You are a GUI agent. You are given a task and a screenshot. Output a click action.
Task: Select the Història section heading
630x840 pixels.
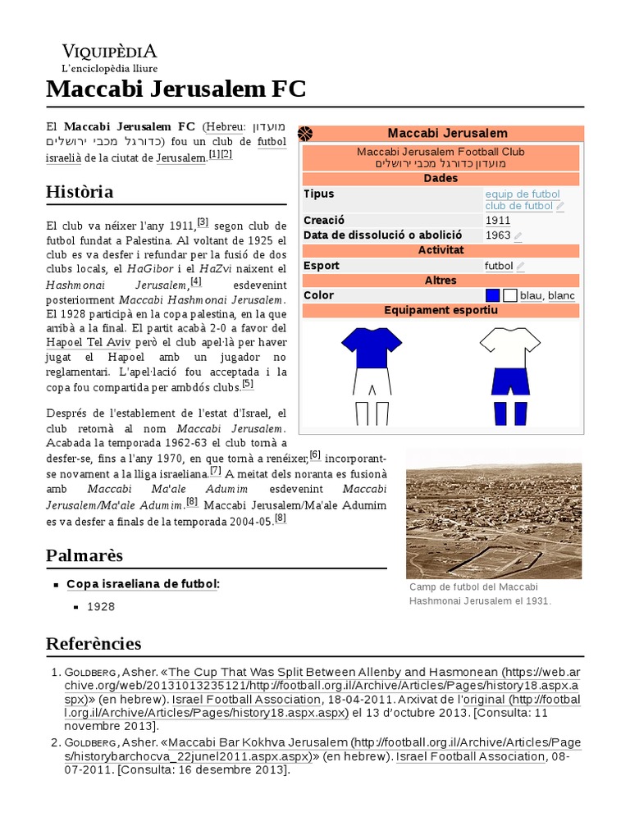[x=80, y=192]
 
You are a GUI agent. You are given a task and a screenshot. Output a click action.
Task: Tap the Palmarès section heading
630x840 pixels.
[x=84, y=555]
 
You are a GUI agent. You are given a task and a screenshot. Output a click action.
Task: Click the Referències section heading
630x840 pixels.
[x=94, y=643]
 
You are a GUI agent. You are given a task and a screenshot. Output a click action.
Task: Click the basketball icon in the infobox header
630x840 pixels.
[x=306, y=134]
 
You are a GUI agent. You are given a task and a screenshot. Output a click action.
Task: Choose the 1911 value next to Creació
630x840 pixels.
[x=497, y=221]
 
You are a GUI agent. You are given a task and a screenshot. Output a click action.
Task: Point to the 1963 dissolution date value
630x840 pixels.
[x=497, y=235]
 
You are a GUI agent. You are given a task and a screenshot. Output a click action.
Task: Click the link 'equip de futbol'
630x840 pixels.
[x=522, y=194]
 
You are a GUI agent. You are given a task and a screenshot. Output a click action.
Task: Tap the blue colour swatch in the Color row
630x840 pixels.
[x=492, y=295]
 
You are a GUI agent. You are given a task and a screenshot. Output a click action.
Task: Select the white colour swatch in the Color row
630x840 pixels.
[x=509, y=295]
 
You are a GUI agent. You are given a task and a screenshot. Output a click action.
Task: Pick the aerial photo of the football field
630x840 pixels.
[x=494, y=514]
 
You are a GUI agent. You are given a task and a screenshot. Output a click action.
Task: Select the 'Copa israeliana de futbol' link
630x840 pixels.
[x=142, y=584]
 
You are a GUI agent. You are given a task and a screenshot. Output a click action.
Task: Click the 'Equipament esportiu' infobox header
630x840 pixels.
[x=441, y=311]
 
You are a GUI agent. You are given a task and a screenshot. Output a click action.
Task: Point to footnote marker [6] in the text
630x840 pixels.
[x=314, y=455]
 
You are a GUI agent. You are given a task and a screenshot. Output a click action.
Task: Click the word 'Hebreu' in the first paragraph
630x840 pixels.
[x=224, y=127]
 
